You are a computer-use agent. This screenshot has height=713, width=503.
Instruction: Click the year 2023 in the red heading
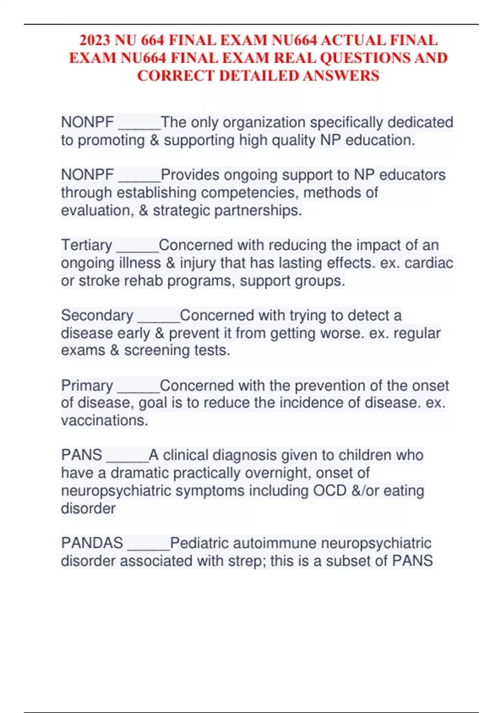[95, 40]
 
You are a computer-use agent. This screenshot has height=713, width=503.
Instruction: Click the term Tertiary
[87, 245]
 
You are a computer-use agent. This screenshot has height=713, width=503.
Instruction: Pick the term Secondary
[97, 315]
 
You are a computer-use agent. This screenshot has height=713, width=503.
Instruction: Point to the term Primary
[87, 385]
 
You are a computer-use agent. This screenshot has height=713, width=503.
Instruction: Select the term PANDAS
[92, 543]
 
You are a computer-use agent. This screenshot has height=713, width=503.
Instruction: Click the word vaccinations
[104, 420]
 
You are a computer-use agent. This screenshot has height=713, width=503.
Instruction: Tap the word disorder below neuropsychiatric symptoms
[88, 508]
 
